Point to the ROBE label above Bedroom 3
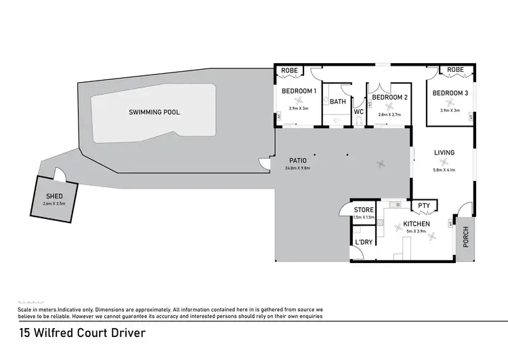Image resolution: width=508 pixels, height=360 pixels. tap(455, 70)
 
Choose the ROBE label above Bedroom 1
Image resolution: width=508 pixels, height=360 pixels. tap(289, 70)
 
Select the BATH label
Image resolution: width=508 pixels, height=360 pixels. tap(338, 102)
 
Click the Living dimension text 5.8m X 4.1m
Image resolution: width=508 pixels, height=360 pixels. tap(444, 171)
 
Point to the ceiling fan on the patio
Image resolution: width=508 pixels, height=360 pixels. tap(382, 163)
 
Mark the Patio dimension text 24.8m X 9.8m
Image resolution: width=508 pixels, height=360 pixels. tap(297, 169)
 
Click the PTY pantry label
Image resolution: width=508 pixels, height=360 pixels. tap(424, 205)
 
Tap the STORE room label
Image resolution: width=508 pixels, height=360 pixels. tap(364, 210)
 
